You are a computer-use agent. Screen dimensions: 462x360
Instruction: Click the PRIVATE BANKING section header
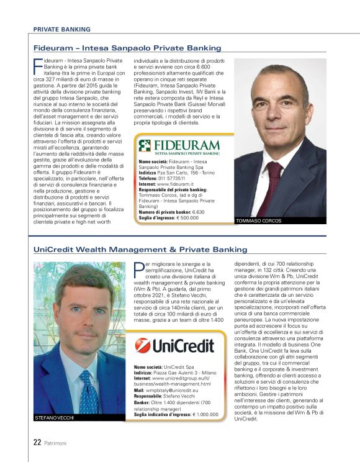point(61,29)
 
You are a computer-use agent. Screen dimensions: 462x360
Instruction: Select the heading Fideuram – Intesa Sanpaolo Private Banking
point(127,48)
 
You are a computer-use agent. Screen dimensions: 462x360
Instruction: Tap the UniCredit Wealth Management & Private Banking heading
point(140,250)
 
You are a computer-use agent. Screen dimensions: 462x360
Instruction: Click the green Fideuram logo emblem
point(145,146)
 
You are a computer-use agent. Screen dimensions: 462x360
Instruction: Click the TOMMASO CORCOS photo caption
point(259,220)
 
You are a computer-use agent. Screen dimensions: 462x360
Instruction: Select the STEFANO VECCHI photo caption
point(56,419)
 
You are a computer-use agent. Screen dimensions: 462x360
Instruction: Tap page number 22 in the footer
point(37,443)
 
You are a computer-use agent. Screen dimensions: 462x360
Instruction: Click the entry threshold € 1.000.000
point(211,414)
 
